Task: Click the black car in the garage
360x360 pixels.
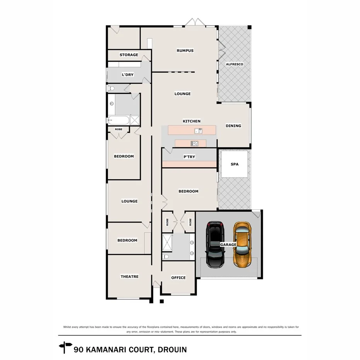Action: point(214,245)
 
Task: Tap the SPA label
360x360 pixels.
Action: point(234,164)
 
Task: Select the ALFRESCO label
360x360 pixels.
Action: point(234,64)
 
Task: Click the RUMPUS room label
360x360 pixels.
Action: point(185,51)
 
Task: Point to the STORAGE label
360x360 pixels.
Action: point(129,55)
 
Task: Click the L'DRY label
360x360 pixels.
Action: point(127,75)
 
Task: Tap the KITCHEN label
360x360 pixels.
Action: point(192,121)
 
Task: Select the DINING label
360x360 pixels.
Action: point(233,126)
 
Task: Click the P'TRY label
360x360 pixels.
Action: point(189,157)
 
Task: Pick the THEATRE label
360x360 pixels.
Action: point(129,277)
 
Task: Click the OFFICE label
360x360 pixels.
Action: point(178,278)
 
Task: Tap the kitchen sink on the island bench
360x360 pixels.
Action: point(198,131)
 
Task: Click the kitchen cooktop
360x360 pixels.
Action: point(195,144)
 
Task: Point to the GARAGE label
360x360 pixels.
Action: point(228,245)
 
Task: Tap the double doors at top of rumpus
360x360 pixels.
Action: point(195,22)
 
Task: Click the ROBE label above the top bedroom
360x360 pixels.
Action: point(119,129)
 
